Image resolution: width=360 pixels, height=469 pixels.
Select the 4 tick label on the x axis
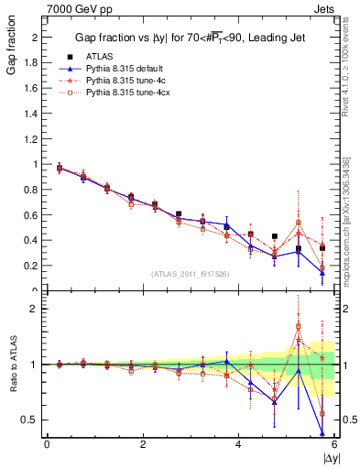(x=238, y=444)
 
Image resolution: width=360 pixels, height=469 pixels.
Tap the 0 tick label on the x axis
(x=47, y=444)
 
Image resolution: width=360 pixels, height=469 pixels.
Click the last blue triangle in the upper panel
(x=322, y=272)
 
